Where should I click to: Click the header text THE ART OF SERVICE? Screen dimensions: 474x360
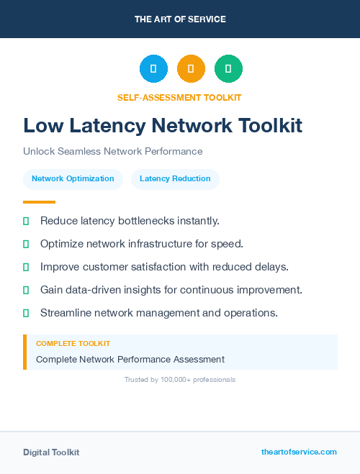coord(180,19)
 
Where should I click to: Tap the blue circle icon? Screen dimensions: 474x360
coord(153,68)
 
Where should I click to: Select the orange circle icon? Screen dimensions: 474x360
coord(191,68)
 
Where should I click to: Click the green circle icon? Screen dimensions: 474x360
coord(228,68)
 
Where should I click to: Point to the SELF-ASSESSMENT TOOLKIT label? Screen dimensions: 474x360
coord(179,97)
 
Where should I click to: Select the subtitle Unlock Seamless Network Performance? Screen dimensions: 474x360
coord(112,152)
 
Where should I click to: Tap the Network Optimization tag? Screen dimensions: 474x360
coord(73,179)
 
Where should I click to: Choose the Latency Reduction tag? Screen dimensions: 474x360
coord(175,179)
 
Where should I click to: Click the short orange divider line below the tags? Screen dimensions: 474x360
coord(39,202)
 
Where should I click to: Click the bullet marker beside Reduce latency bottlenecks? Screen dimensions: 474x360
coord(26,221)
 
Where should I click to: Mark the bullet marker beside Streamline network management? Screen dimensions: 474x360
coord(26,313)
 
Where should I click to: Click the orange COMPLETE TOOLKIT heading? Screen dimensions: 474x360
coord(73,344)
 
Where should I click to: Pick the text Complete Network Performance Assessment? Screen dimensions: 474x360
coord(130,359)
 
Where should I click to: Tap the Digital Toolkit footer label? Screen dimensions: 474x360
coord(51,452)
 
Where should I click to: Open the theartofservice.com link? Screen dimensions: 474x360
coord(299,452)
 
